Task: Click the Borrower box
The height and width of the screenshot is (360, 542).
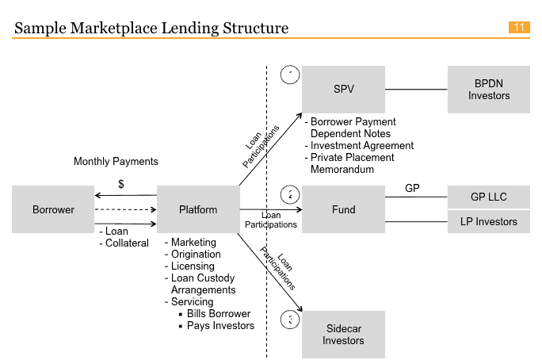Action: click(x=53, y=210)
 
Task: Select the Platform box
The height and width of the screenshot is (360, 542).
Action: click(x=197, y=210)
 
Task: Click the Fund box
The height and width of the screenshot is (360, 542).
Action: click(x=343, y=210)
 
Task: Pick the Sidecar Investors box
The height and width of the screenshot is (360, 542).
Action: click(x=343, y=335)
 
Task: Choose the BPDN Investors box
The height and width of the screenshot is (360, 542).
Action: click(x=488, y=89)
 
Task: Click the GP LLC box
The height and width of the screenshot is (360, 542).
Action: click(x=488, y=197)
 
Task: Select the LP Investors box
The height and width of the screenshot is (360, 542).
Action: click(x=488, y=222)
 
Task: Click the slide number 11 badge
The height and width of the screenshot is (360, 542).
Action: click(x=519, y=28)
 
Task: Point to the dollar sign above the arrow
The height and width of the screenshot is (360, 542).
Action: click(x=120, y=184)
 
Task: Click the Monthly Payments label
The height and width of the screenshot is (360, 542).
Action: click(x=116, y=162)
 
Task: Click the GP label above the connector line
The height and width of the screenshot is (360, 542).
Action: click(x=412, y=189)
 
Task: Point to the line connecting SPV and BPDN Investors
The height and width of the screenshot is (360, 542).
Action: click(x=416, y=90)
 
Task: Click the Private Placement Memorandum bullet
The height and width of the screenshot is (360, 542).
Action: click(x=352, y=163)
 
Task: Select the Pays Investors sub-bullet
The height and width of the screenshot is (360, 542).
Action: click(x=219, y=326)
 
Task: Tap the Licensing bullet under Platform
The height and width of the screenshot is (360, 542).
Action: click(x=193, y=266)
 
